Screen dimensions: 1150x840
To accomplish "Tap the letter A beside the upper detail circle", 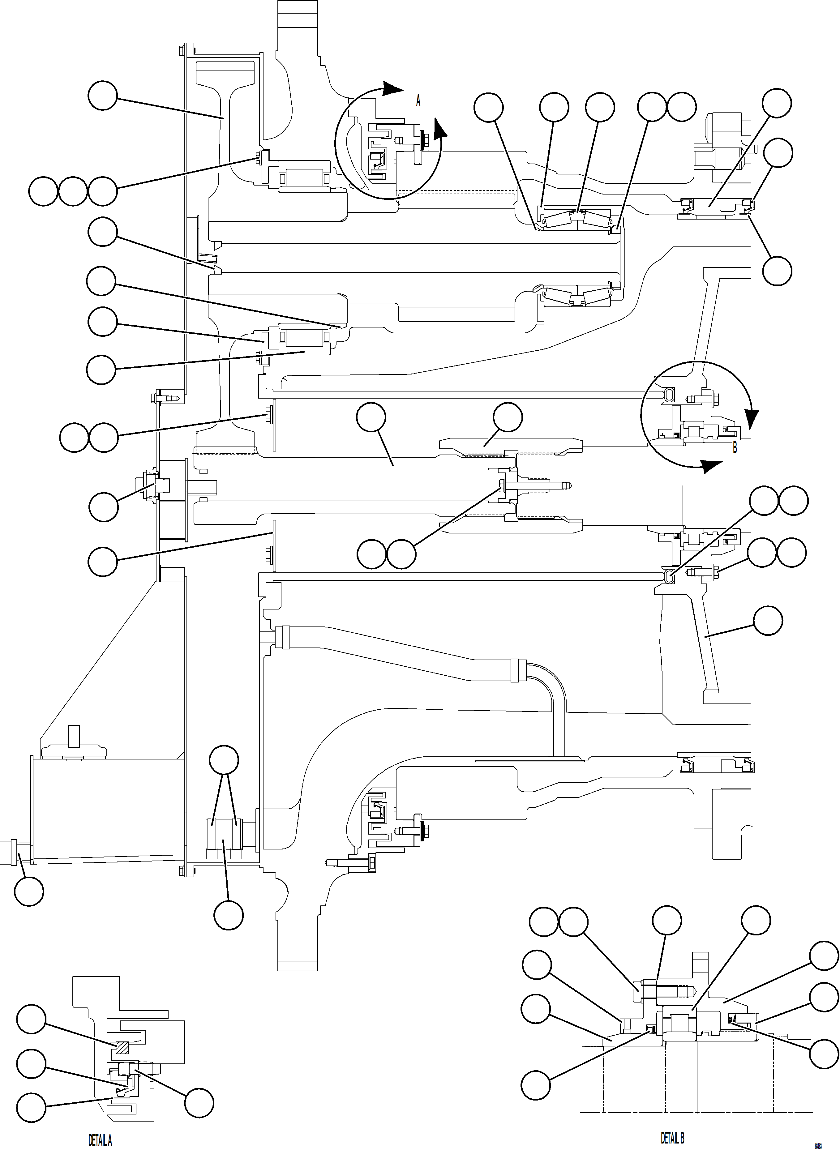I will tap(418, 101).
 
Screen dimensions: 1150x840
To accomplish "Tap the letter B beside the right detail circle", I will tap(734, 448).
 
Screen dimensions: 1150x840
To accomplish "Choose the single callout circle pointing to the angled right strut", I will tap(767, 620).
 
